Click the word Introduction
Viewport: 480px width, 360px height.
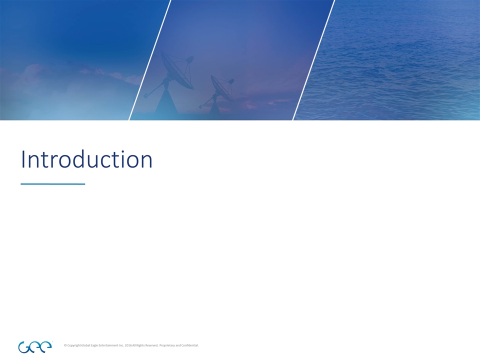[86, 160]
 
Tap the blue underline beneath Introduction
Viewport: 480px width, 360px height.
[52, 184]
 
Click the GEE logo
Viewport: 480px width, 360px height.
[34, 346]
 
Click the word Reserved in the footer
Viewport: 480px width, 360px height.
[152, 345]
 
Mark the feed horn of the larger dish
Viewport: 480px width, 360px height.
[189, 59]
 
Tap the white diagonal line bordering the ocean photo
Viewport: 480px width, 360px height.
[313, 60]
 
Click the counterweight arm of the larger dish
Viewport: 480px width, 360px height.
[152, 92]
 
